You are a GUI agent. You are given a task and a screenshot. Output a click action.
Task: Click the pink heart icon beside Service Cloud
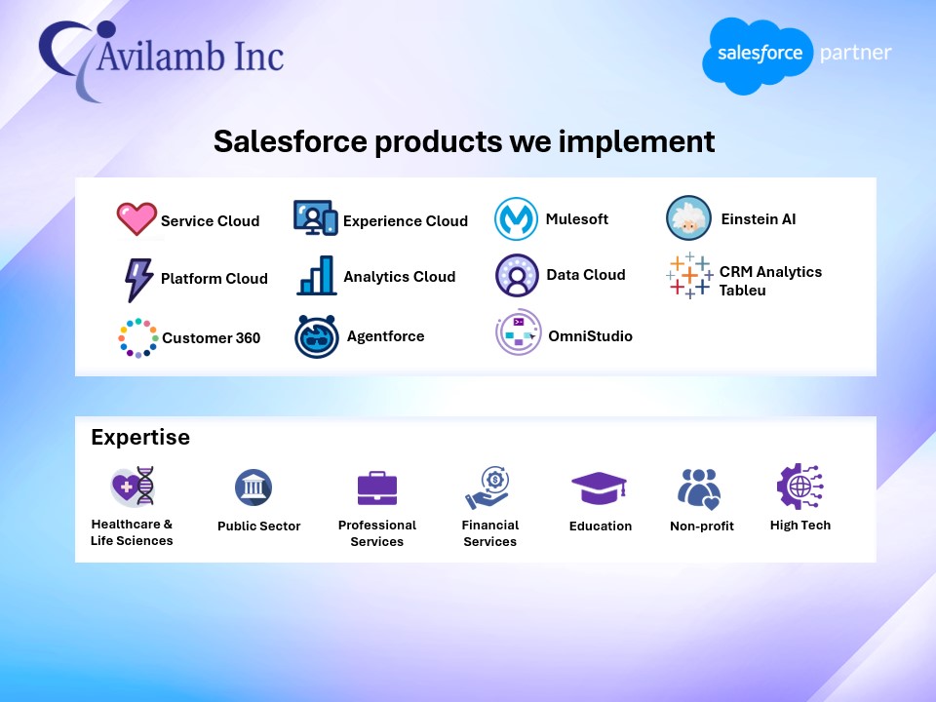(136, 219)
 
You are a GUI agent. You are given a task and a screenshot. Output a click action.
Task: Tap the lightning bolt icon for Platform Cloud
(138, 280)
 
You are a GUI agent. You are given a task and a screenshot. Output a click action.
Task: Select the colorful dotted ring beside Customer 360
(137, 338)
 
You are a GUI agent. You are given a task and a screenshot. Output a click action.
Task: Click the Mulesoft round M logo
(516, 219)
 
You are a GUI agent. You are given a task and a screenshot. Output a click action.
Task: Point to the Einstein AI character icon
(688, 217)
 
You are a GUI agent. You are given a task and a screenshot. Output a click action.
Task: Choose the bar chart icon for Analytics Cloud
(316, 276)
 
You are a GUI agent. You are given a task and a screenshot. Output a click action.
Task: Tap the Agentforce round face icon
(316, 336)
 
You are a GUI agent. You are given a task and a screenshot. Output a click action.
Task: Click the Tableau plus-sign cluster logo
(689, 275)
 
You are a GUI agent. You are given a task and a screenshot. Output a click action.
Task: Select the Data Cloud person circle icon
(517, 275)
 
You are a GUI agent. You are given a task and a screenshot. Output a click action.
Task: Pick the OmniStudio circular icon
(518, 332)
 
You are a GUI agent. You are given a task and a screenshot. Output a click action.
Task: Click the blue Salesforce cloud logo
(759, 56)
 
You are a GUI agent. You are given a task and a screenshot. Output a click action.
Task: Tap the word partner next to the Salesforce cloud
(855, 53)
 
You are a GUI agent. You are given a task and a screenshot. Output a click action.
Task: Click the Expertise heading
(140, 437)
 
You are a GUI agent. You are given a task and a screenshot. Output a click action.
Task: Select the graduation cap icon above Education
(599, 487)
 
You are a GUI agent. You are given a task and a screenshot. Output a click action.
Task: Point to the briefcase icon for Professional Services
(377, 488)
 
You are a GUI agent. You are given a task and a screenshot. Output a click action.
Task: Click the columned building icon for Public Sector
(253, 487)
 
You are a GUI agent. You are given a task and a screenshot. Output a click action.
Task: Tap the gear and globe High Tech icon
(799, 487)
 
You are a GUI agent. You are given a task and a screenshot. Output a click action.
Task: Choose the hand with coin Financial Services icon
(487, 487)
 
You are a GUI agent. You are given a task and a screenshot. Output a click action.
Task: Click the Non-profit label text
(702, 526)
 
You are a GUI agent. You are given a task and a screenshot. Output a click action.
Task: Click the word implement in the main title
(637, 142)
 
